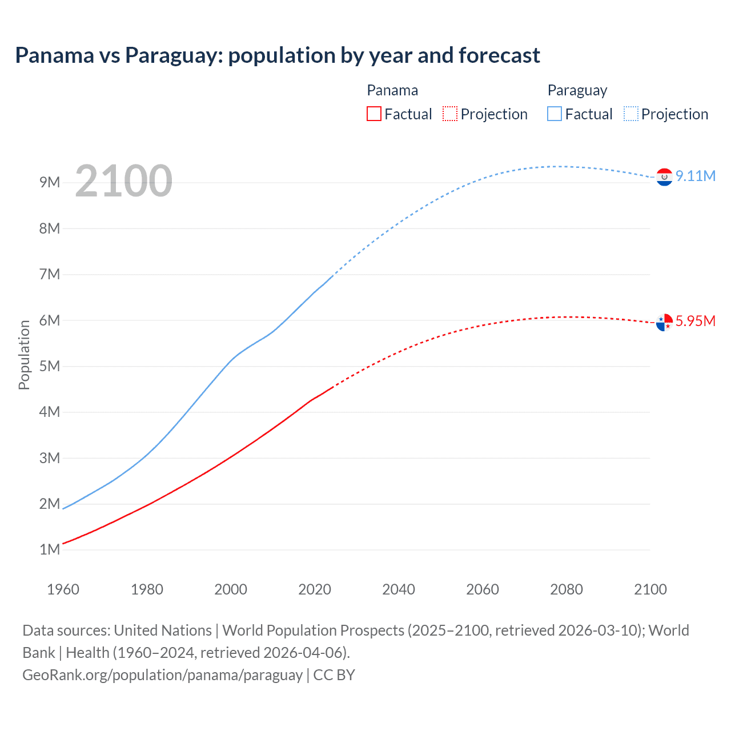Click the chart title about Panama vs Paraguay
click(278, 55)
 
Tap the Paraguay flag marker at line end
click(664, 178)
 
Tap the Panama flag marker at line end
click(664, 323)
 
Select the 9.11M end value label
click(696, 176)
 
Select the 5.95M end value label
click(696, 321)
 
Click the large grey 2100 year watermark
click(123, 181)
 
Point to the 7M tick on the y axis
click(50, 274)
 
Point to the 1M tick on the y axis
click(50, 549)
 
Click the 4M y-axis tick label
click(50, 412)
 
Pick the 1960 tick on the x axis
click(63, 589)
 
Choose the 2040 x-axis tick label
click(399, 589)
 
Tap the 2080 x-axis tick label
click(567, 589)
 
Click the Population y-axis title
click(24, 355)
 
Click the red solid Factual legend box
click(374, 114)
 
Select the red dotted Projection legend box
click(450, 114)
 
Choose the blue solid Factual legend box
click(555, 114)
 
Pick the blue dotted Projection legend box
click(631, 114)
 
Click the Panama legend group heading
click(392, 90)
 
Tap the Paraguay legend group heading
click(577, 90)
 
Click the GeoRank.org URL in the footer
click(163, 675)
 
